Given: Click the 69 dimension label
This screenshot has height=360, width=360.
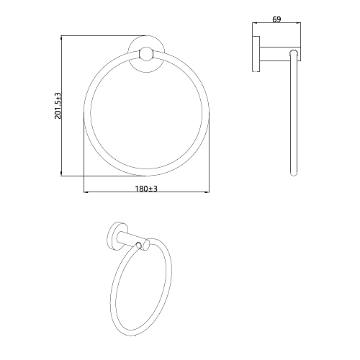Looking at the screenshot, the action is tap(276, 19).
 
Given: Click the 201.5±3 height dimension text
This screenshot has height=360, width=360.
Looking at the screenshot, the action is tap(58, 106).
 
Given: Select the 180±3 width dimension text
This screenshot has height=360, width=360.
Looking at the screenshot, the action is tap(146, 189).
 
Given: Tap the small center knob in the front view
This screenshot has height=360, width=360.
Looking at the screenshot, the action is tap(146, 54).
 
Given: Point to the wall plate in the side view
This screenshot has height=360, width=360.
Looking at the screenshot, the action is tap(256, 54).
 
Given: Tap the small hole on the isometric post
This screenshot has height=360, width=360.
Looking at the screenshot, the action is tap(138, 246).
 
